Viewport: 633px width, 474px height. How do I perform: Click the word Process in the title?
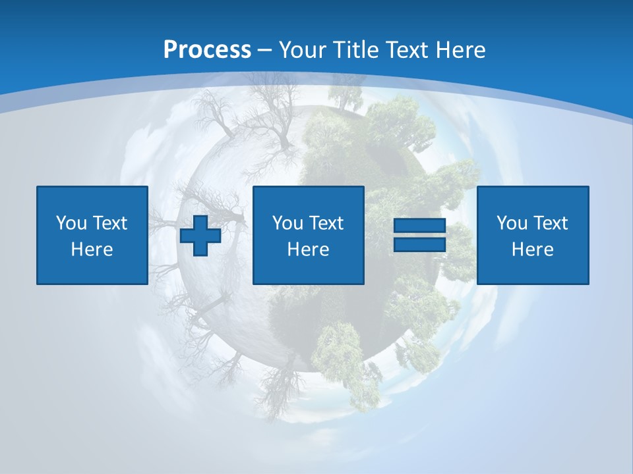pos(207,49)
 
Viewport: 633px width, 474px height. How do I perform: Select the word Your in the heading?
pos(303,49)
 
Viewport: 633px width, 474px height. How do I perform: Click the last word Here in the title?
pos(460,49)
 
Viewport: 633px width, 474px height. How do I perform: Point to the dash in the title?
pos(265,50)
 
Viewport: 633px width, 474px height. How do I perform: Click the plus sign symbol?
pos(200,235)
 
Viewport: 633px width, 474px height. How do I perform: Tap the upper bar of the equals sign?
pos(420,225)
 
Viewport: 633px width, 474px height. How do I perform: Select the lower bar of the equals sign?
pos(420,244)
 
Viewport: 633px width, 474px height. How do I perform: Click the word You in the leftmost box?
pos(71,223)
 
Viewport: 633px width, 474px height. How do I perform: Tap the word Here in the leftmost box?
pos(92,250)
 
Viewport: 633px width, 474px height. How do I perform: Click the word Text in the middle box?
pos(326,223)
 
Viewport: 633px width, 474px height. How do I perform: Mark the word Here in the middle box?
pos(309,250)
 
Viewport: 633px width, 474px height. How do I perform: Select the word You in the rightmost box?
pos(512,223)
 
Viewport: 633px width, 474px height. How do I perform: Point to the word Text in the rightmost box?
pos(550,223)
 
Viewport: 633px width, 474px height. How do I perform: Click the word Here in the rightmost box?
pos(533,250)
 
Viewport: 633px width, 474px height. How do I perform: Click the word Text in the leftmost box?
pos(109,223)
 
